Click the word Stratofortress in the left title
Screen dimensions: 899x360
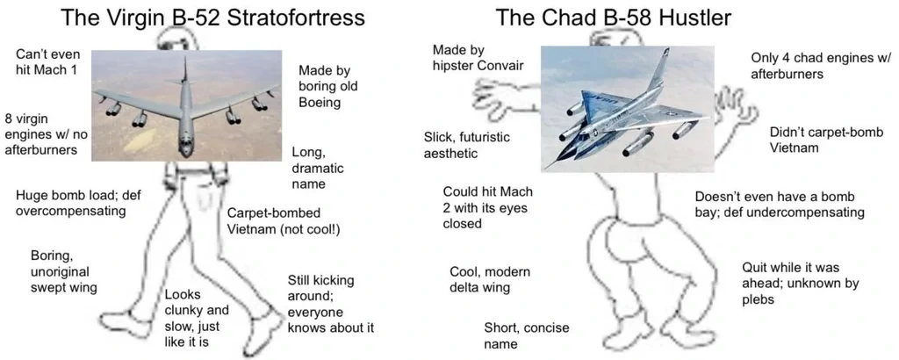296,18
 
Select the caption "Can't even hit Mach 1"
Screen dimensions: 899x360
47,62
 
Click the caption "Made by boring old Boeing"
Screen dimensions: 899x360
328,87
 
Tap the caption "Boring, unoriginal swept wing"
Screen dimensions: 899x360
63,271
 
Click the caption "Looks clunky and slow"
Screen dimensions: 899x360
197,319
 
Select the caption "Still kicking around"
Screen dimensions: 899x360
330,305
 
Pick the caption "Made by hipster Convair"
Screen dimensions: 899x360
478,57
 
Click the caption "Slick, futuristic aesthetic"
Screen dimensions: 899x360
466,146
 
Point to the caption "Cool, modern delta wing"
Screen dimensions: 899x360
490,279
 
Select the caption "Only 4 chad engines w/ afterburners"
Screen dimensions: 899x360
821,66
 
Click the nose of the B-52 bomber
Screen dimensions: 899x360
185,151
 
